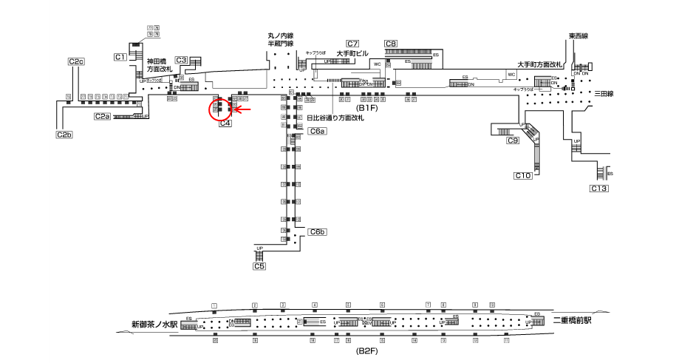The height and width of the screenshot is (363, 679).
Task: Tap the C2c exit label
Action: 76,61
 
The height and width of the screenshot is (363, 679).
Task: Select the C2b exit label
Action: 64,135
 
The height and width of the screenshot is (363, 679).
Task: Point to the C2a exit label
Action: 102,116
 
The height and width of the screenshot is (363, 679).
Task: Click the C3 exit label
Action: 182,61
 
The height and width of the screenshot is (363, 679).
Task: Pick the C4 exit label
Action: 226,123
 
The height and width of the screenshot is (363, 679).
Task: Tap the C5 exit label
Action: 259,266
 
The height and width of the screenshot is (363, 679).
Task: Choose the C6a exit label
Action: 317,131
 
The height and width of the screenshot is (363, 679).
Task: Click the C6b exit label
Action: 318,232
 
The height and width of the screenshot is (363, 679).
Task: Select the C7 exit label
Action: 352,44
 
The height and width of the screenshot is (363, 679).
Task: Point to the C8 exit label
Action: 391,44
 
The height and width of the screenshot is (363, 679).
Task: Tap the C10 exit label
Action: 523,175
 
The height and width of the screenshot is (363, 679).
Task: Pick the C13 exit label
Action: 598,189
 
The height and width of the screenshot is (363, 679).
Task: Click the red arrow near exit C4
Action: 243,110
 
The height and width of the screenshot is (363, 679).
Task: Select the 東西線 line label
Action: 579,36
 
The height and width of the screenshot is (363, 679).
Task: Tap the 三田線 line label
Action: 605,94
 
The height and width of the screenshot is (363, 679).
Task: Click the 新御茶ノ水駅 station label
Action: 154,324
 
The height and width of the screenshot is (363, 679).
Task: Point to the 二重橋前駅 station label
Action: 573,320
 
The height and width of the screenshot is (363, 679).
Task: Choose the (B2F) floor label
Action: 366,350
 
